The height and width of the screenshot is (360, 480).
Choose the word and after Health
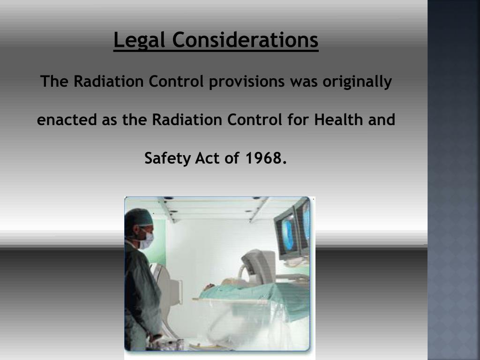382,120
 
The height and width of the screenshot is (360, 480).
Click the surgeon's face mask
147,240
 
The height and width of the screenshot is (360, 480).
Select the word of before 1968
232,158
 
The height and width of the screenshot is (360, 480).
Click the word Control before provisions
177,82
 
